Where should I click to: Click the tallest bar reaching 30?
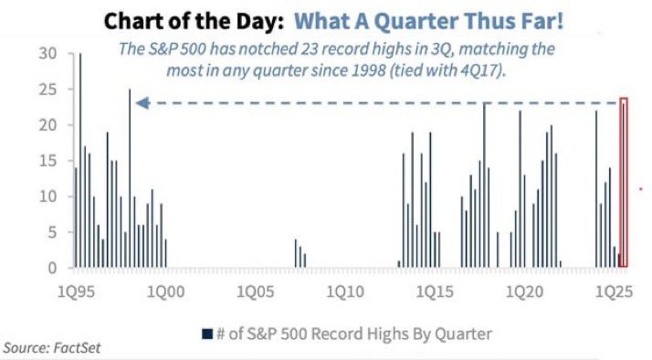[80, 161]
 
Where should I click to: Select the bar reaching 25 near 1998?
[130, 178]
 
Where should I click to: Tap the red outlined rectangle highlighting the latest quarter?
[624, 183]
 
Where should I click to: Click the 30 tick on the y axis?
[47, 54]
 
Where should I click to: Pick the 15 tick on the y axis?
[47, 161]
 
